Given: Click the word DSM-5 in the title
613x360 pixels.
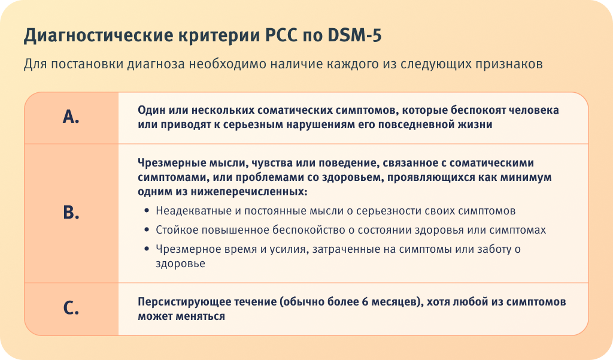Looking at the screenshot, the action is [354, 35].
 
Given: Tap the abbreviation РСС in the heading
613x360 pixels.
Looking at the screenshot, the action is [281, 35].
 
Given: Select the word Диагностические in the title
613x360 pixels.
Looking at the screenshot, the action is [98, 36].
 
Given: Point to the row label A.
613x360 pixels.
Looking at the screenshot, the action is [71, 117].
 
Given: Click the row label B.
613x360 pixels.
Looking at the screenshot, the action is [71, 213].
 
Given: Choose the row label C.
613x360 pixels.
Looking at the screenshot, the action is [71, 308].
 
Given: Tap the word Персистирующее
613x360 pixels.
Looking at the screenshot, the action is [184, 302].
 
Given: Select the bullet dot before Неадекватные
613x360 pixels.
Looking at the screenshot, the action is [147, 210].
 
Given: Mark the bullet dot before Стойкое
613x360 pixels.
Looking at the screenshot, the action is [147, 229].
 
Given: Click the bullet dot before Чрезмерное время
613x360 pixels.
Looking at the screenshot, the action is [147, 249].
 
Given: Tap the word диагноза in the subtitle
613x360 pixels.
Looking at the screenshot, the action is [156, 64].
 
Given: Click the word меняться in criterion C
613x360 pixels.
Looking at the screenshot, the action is [204, 316].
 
